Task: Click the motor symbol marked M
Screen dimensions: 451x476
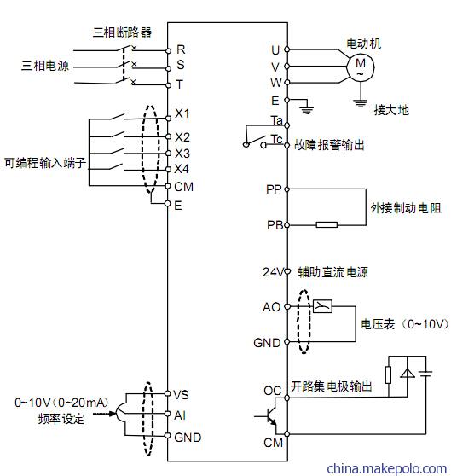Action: [x=361, y=67]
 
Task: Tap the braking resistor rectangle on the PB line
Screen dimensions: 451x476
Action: [x=327, y=224]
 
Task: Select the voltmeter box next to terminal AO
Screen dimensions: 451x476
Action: [x=322, y=306]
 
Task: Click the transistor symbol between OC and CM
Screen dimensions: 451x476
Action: [x=270, y=416]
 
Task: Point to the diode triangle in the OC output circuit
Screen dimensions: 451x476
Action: [x=407, y=373]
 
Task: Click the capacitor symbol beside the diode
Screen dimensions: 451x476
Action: [x=425, y=373]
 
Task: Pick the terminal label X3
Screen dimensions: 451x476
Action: [x=182, y=154]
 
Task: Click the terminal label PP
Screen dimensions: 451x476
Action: [x=274, y=189]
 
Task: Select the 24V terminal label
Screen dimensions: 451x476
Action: [x=273, y=272]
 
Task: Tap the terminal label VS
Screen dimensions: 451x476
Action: [x=181, y=395]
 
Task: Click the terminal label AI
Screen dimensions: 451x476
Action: [x=180, y=415]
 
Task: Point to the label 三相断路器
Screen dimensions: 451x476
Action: [x=122, y=32]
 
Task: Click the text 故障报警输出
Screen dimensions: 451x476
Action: [x=329, y=145]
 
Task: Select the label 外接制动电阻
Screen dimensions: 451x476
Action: [x=406, y=208]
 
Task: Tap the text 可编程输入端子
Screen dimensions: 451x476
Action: [x=45, y=163]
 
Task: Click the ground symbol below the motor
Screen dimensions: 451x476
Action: [x=361, y=103]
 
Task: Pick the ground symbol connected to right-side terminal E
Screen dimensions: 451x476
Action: [x=307, y=110]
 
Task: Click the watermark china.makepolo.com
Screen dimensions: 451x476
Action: [x=387, y=467]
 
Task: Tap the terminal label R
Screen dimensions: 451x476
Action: [x=181, y=49]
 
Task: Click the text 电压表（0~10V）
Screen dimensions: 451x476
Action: [x=405, y=324]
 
